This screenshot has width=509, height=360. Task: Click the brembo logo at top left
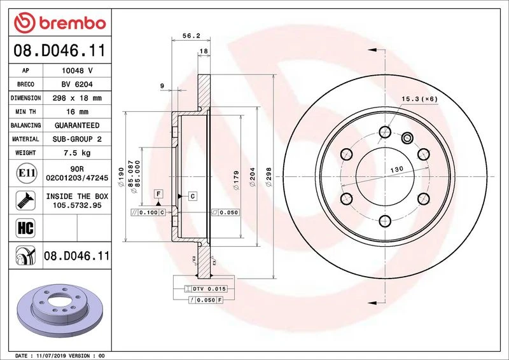click(x=60, y=23)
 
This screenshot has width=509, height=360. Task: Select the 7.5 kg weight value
click(x=77, y=153)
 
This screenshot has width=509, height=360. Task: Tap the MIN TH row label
click(x=25, y=112)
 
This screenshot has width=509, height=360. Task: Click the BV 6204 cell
click(x=77, y=85)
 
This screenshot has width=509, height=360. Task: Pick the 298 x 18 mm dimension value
click(x=77, y=98)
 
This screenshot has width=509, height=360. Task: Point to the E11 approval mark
click(x=26, y=173)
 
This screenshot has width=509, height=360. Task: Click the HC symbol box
click(x=25, y=228)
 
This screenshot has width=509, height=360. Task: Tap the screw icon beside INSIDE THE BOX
click(x=25, y=200)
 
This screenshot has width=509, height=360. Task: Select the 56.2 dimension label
click(x=192, y=36)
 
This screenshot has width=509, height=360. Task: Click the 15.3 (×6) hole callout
click(x=419, y=99)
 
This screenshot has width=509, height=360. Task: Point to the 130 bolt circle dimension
click(x=396, y=169)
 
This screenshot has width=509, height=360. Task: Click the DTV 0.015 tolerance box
click(x=206, y=289)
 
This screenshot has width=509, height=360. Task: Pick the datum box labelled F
click(x=158, y=194)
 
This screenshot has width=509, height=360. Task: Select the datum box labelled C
click(x=193, y=196)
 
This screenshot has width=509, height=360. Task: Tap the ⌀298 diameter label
click(x=268, y=177)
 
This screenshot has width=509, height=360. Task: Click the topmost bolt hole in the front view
click(x=385, y=132)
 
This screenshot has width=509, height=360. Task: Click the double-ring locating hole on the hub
click(x=407, y=138)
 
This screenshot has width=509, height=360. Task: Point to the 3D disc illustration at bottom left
click(x=60, y=311)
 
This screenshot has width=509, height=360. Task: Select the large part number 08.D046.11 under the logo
click(x=60, y=51)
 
